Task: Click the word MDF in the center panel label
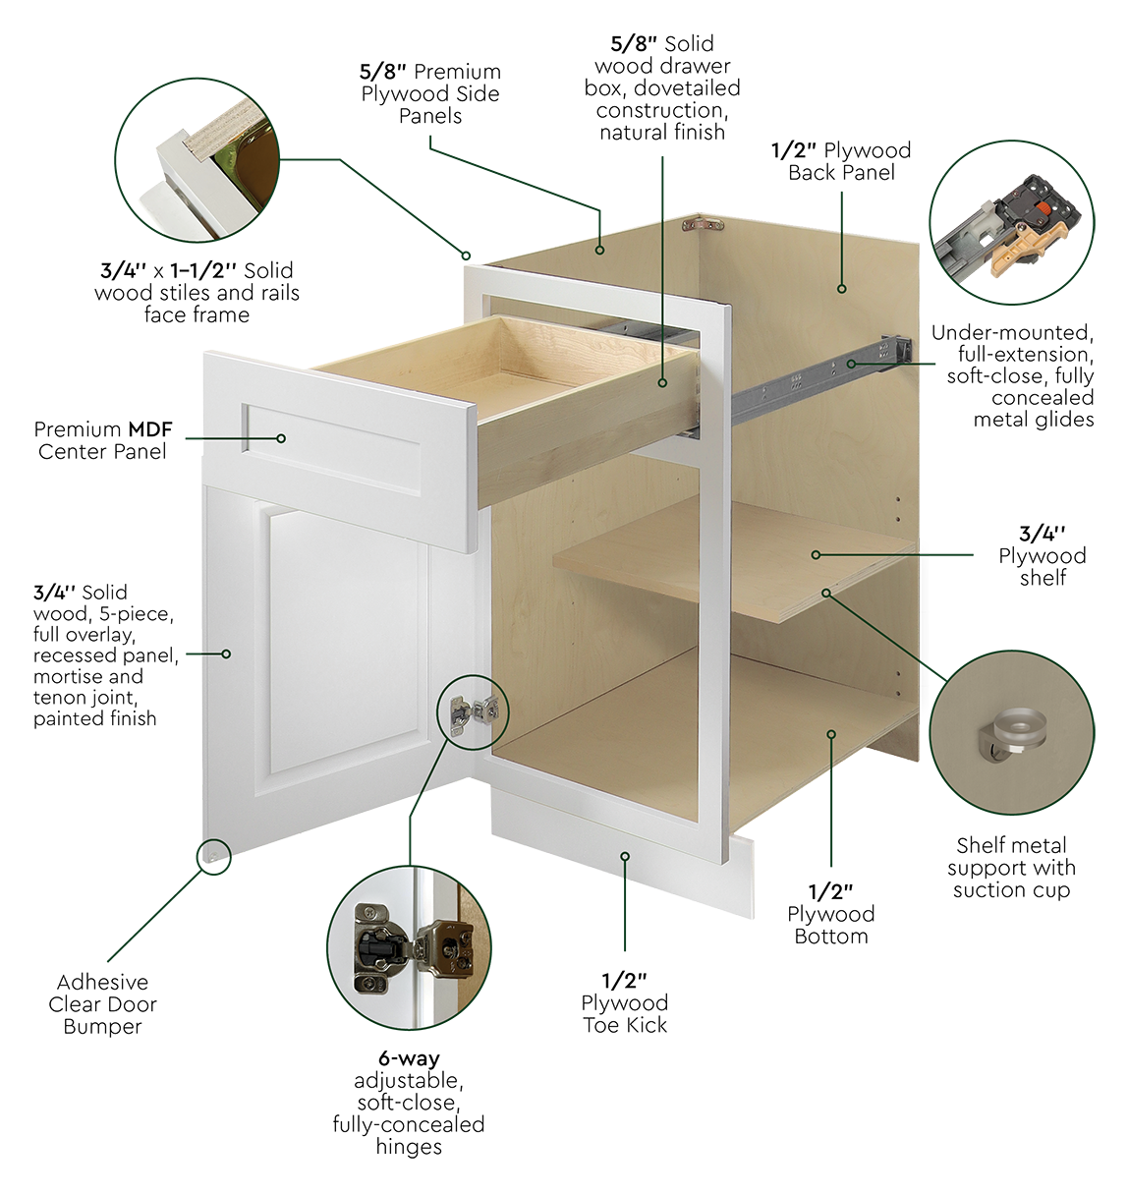pyautogui.click(x=149, y=429)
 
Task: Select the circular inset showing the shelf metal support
pyautogui.click(x=1011, y=732)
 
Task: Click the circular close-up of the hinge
pyautogui.click(x=409, y=948)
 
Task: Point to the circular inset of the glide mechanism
pyautogui.click(x=1012, y=222)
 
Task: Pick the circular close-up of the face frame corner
pyautogui.click(x=197, y=160)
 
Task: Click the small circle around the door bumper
pyautogui.click(x=214, y=857)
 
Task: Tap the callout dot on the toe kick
pyautogui.click(x=625, y=856)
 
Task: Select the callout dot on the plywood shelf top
pyautogui.click(x=816, y=555)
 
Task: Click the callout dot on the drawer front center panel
pyautogui.click(x=281, y=438)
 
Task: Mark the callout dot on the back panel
pyautogui.click(x=842, y=289)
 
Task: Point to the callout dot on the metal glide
pyautogui.click(x=851, y=364)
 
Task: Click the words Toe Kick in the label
pyautogui.click(x=625, y=1024)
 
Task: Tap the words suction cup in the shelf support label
pyautogui.click(x=1011, y=889)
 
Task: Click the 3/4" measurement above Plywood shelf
pyautogui.click(x=1042, y=534)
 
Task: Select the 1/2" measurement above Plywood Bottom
pyautogui.click(x=831, y=891)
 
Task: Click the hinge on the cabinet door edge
pyautogui.click(x=474, y=711)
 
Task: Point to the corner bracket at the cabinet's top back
pyautogui.click(x=703, y=225)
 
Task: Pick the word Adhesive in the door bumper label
pyautogui.click(x=103, y=982)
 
